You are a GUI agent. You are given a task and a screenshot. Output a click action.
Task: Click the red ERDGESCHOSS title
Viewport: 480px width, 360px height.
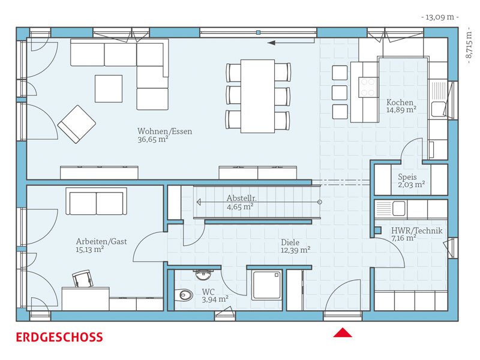(x=59, y=337)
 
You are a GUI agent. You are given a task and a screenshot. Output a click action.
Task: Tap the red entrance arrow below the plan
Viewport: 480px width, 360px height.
(x=343, y=333)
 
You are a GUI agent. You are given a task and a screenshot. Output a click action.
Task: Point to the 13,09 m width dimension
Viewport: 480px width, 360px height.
(x=440, y=17)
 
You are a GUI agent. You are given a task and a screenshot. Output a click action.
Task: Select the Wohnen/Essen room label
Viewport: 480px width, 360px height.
(x=164, y=131)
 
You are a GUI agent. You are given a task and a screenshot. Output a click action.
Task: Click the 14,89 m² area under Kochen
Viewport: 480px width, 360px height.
(x=401, y=110)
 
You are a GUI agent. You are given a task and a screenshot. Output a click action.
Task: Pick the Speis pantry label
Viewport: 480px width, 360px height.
(x=407, y=177)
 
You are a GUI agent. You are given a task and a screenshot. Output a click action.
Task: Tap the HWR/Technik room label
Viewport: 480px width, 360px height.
(x=416, y=230)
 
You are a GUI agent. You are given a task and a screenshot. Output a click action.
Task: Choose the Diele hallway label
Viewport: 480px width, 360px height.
(x=290, y=242)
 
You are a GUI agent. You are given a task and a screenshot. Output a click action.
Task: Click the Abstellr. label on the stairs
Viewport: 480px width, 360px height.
(x=242, y=198)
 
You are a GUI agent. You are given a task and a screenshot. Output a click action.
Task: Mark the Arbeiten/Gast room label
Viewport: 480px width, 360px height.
(x=101, y=242)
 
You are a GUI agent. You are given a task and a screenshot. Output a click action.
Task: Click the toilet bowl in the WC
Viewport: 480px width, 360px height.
(x=184, y=295)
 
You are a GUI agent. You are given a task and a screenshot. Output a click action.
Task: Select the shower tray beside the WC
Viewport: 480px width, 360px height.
(x=266, y=285)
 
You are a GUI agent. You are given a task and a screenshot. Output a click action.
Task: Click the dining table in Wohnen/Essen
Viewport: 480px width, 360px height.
(x=257, y=96)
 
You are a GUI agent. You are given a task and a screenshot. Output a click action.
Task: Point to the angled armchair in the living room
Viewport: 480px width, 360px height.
(x=77, y=124)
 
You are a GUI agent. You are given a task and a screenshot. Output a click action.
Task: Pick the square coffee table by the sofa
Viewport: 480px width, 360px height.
(x=109, y=89)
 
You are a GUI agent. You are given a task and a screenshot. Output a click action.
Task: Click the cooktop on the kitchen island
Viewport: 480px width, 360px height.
(x=368, y=87)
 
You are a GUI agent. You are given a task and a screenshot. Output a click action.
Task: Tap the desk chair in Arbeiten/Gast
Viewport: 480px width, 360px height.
(x=83, y=279)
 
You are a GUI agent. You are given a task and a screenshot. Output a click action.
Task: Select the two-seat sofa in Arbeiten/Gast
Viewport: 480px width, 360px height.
(x=96, y=202)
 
